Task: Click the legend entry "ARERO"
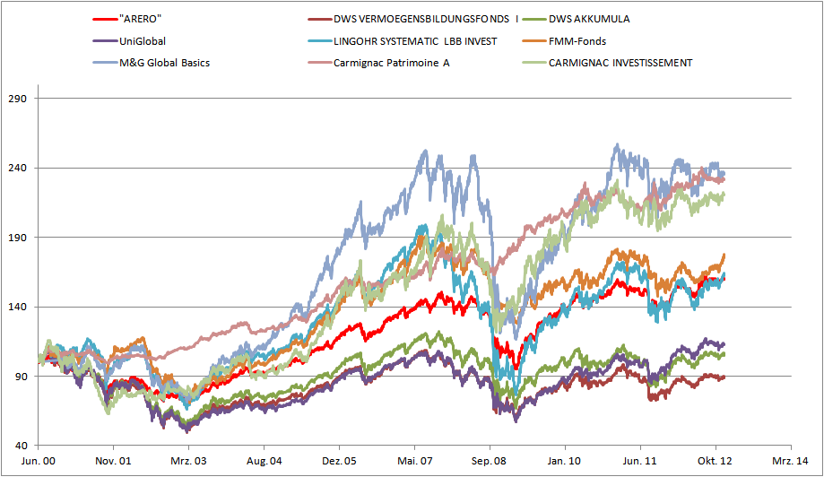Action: click(140, 18)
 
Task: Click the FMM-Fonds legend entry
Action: click(578, 40)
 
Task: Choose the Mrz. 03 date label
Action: click(188, 461)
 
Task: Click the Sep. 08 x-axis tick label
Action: click(490, 461)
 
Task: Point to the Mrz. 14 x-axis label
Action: click(790, 461)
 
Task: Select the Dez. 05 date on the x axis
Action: click(339, 461)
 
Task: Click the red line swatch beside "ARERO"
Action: click(104, 18)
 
